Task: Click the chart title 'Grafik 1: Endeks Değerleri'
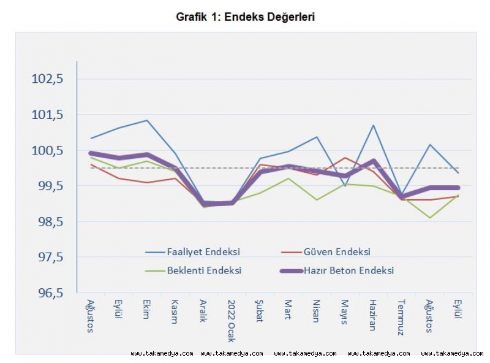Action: click(x=246, y=17)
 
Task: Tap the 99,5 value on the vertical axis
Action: click(x=51, y=186)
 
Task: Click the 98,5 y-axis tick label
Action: click(x=51, y=222)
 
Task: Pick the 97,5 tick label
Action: click(x=51, y=258)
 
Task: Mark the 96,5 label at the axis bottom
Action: click(x=51, y=293)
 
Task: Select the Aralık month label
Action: click(x=204, y=313)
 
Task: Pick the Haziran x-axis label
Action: click(x=372, y=315)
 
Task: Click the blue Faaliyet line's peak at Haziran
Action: click(x=372, y=126)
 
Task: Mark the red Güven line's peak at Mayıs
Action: click(x=345, y=158)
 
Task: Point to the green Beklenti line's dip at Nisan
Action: click(x=316, y=200)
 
